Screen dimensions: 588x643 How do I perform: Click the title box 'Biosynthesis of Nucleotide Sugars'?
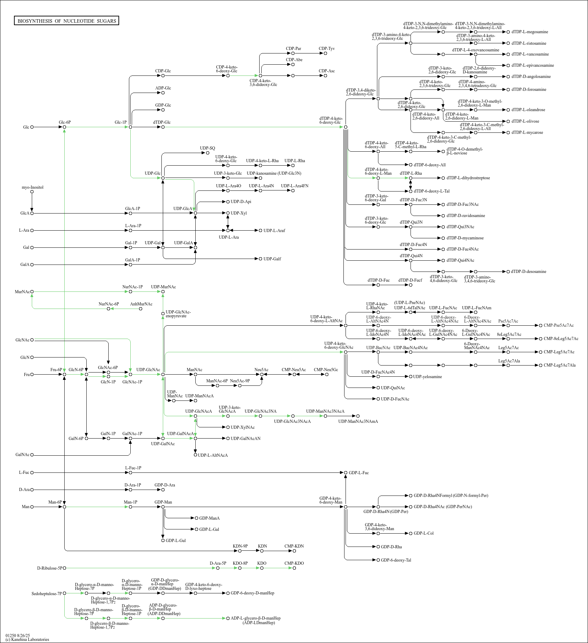67,21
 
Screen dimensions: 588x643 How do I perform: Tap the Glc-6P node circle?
64,127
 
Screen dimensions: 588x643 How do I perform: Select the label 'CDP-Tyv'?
327,49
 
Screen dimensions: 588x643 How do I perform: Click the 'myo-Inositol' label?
32,187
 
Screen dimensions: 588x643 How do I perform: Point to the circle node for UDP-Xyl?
228,213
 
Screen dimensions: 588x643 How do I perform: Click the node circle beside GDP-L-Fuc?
346,472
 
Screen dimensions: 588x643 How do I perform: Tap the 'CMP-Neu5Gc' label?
326,369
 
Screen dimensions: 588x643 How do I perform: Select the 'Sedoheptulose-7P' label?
46,593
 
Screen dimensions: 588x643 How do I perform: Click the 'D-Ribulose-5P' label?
49,568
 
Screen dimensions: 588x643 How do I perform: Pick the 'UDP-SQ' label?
208,148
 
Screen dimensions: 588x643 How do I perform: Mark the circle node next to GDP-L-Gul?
163,540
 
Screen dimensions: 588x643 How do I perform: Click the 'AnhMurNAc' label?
141,304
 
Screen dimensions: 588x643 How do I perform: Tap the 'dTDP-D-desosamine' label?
529,272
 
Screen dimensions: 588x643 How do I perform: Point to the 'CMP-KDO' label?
294,563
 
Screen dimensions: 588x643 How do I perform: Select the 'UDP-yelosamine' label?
427,376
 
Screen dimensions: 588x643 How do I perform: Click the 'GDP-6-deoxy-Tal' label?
396,560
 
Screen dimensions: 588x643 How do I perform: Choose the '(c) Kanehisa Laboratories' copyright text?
27,640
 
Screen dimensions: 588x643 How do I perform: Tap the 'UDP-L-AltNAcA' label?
213,455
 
